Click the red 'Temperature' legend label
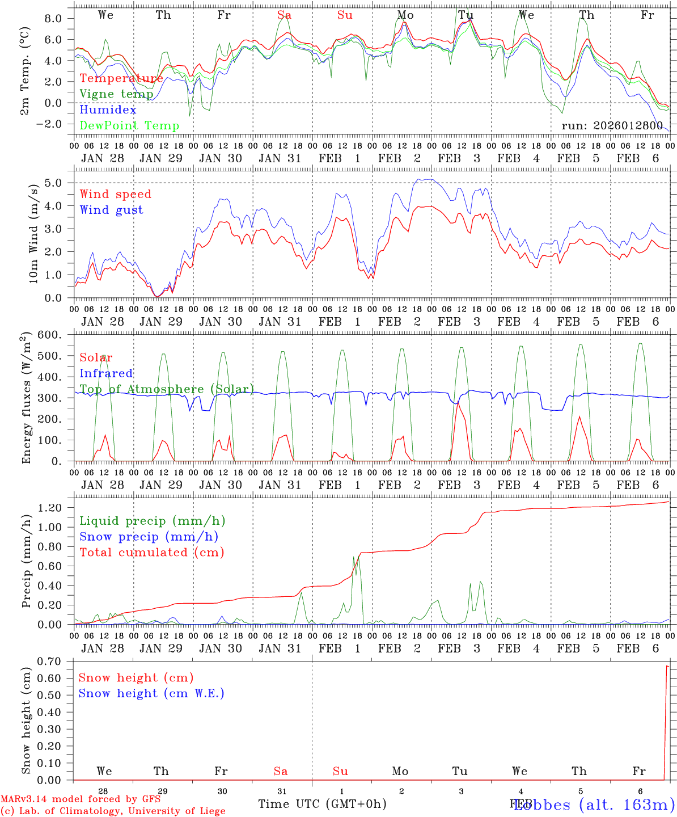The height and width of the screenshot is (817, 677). click(x=121, y=78)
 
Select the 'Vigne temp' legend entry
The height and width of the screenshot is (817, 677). click(x=116, y=94)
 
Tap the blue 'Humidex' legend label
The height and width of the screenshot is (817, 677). click(x=108, y=110)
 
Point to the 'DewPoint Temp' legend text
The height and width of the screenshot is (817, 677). click(x=129, y=125)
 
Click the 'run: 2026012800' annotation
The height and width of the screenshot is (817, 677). click(x=612, y=125)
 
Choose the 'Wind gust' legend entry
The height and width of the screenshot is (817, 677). click(x=111, y=210)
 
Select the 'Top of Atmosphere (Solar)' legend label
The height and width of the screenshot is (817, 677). click(x=166, y=389)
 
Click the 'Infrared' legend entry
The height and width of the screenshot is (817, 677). click(x=106, y=373)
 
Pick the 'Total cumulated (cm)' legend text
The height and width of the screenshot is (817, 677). click(x=151, y=552)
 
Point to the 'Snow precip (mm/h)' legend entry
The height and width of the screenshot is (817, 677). click(x=149, y=537)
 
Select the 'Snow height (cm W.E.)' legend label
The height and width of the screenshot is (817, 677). click(x=151, y=693)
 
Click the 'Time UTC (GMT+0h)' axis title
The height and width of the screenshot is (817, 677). click(x=322, y=804)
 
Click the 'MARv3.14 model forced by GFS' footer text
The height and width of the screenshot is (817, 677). click(x=81, y=799)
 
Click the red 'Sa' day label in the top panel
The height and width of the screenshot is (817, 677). click(x=284, y=15)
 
